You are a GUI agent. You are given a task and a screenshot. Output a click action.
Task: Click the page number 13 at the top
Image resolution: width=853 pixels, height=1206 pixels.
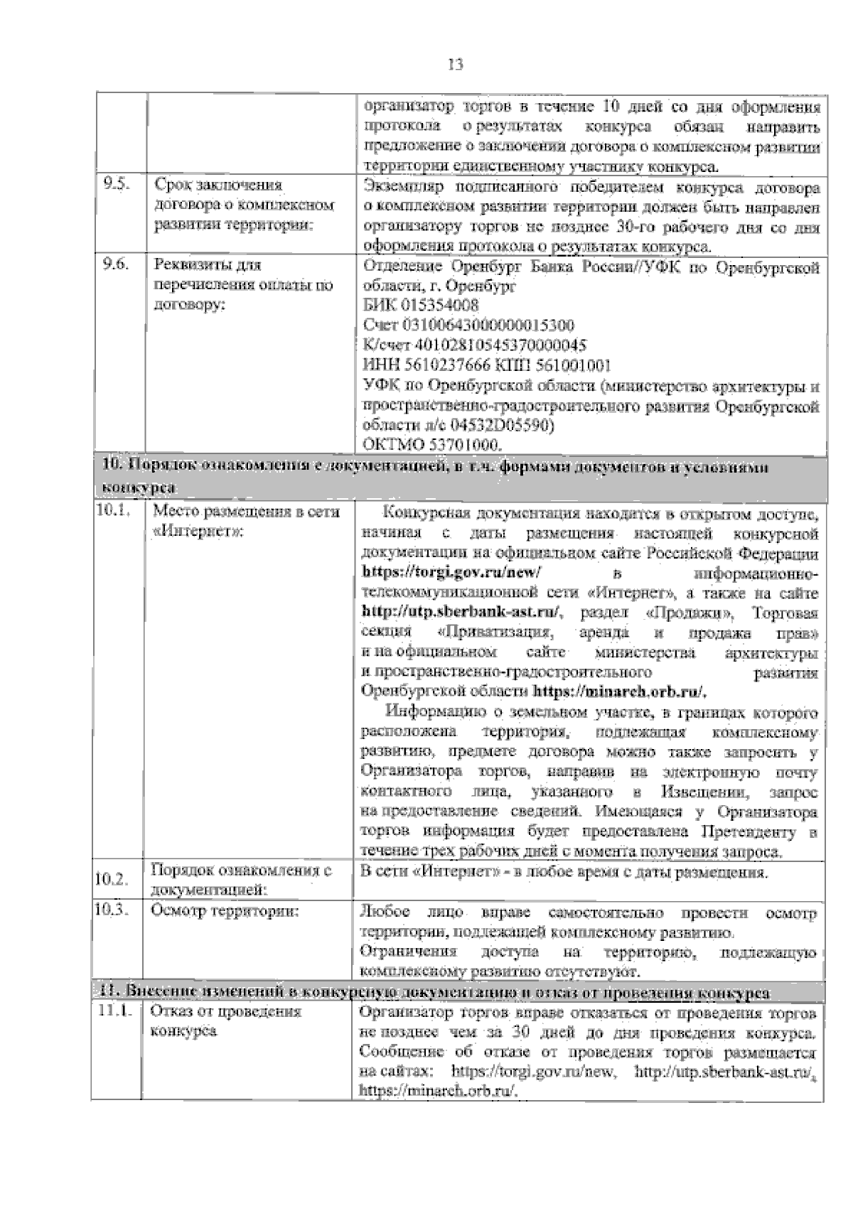(456, 65)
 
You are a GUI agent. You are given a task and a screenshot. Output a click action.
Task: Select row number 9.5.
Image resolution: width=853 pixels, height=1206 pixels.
(115, 185)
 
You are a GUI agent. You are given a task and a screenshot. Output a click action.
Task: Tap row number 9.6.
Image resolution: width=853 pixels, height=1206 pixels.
(115, 266)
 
